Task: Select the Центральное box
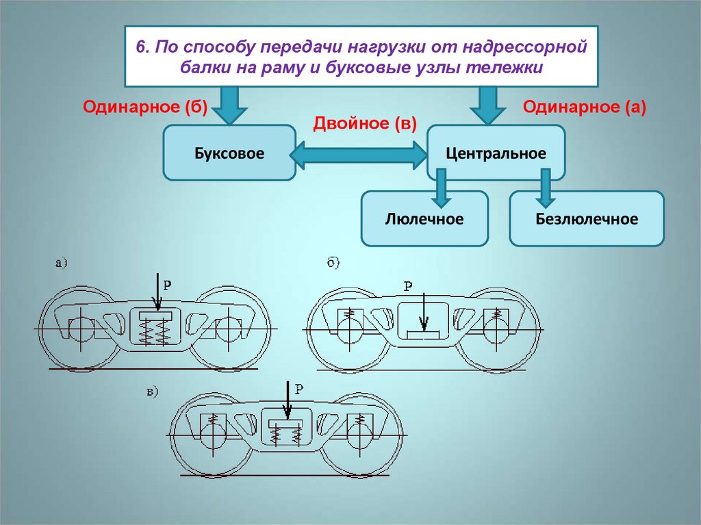pyautogui.click(x=496, y=153)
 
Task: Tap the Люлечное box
pyautogui.click(x=424, y=219)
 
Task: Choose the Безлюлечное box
pyautogui.click(x=587, y=219)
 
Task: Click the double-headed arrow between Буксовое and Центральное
pyautogui.click(x=359, y=156)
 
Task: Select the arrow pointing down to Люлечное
pyautogui.click(x=441, y=186)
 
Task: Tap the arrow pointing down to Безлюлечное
pyautogui.click(x=546, y=186)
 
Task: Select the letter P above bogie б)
pyautogui.click(x=409, y=286)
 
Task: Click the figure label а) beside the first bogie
pyautogui.click(x=61, y=261)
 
